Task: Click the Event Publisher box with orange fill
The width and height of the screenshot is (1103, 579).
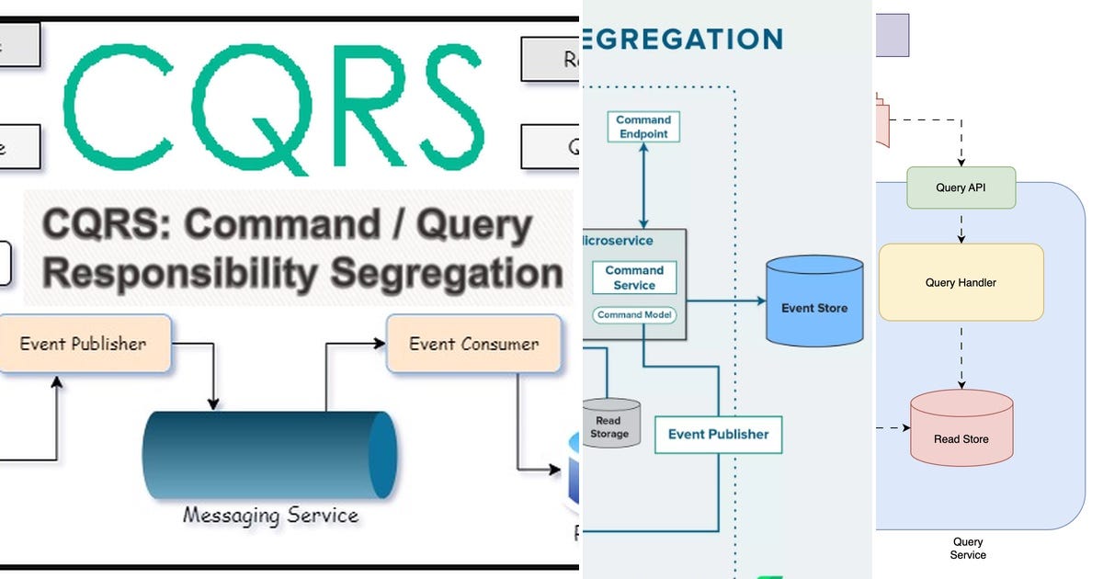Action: (x=85, y=344)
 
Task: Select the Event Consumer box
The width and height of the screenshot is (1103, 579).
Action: (x=473, y=344)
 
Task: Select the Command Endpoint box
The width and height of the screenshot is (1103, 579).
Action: (x=643, y=127)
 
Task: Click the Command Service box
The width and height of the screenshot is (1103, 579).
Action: (x=634, y=278)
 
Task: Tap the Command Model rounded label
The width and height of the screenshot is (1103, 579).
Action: (x=634, y=315)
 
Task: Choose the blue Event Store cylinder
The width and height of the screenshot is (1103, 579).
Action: (x=814, y=302)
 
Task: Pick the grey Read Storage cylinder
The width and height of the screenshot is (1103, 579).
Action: (x=609, y=424)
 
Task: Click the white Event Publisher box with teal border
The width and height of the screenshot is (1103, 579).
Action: (x=718, y=434)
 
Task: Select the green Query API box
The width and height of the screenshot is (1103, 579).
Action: (x=961, y=187)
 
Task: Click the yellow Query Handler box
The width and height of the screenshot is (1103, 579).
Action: (x=961, y=282)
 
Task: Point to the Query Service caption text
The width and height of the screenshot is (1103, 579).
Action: (x=968, y=549)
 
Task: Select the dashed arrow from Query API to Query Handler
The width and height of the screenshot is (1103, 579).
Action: (x=961, y=225)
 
